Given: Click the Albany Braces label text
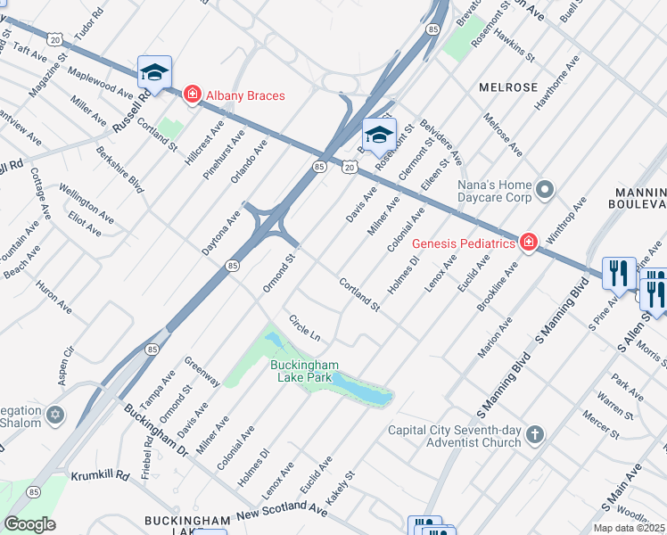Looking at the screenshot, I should [245, 95].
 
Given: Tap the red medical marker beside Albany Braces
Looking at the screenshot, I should [191, 94].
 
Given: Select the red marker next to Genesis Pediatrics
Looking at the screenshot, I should [529, 243].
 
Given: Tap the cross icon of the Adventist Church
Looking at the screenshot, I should [534, 435].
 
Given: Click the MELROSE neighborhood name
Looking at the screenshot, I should [508, 87].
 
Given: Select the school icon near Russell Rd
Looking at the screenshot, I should [154, 73].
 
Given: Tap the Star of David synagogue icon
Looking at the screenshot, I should [56, 416].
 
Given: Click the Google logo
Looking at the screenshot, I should [29, 524].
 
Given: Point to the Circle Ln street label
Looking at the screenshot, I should [304, 327].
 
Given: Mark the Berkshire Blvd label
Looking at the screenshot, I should [122, 172].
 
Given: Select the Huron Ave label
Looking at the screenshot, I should [54, 296].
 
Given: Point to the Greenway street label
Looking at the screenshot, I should [202, 371].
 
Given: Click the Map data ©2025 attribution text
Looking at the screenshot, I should [628, 528].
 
